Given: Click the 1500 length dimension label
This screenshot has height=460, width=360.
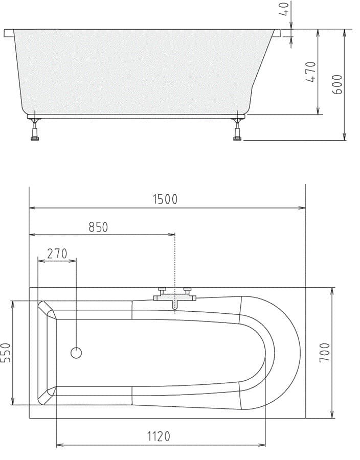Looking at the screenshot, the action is pyautogui.click(x=165, y=199).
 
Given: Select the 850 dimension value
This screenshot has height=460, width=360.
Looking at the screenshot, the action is pyautogui.click(x=98, y=227).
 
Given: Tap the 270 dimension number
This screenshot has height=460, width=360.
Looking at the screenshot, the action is pyautogui.click(x=57, y=254).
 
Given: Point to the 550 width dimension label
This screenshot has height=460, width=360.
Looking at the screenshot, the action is pyautogui.click(x=6, y=353).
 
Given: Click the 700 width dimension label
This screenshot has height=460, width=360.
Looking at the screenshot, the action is pyautogui.click(x=325, y=352).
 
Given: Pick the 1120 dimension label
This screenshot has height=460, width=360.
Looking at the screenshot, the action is pyautogui.click(x=159, y=436).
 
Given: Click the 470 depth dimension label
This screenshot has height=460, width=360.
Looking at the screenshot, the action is pyautogui.click(x=310, y=72).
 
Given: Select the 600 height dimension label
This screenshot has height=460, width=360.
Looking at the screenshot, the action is pyautogui.click(x=337, y=84).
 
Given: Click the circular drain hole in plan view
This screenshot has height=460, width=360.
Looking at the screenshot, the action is pyautogui.click(x=76, y=353).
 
